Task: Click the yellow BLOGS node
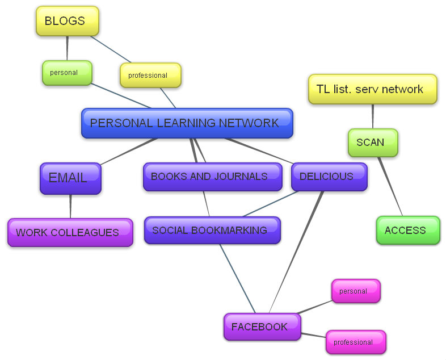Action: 67,21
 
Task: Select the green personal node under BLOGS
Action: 66,73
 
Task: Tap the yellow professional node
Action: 150,76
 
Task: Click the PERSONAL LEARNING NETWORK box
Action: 187,123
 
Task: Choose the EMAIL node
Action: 70,178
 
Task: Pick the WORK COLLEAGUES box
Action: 70,232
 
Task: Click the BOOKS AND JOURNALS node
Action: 212,177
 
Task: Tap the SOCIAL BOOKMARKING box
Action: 212,230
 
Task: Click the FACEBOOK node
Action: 262,326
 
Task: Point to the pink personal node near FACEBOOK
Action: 355,291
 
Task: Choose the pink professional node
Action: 355,342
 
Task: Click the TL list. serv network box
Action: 373,89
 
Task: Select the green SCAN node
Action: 372,143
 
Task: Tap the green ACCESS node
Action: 407,230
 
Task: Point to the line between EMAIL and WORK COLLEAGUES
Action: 70,206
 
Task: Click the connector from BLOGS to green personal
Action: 67,48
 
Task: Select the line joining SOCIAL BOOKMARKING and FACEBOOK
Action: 237,278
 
